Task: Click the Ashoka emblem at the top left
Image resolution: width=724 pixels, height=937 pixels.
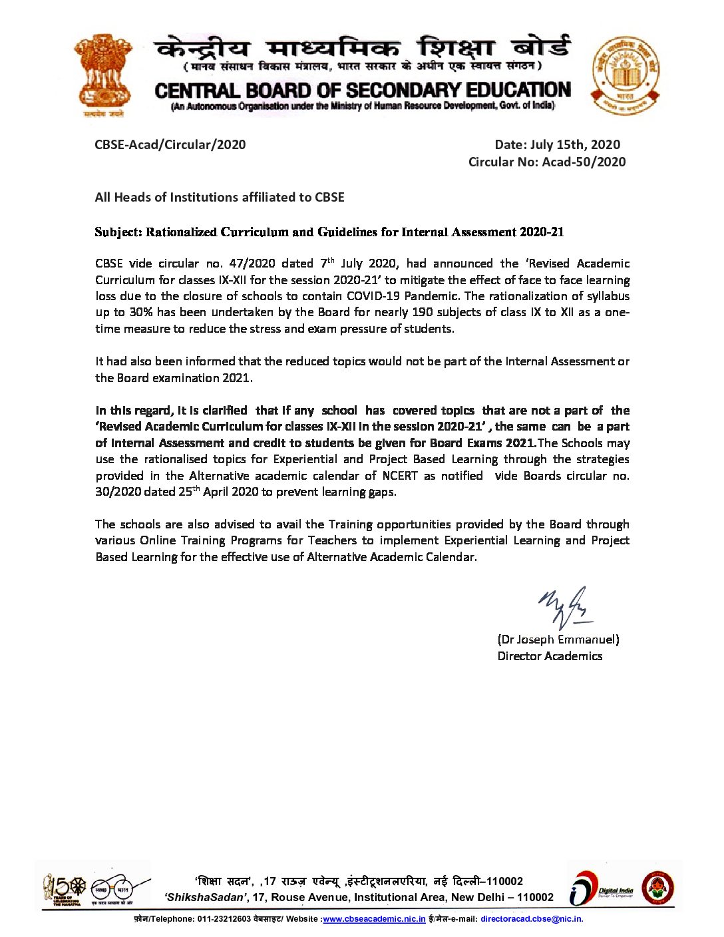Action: [x=103, y=75]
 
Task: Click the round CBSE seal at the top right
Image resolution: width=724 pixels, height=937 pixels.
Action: [x=626, y=75]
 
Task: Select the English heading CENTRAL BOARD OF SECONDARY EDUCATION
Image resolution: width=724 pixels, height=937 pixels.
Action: [x=363, y=91]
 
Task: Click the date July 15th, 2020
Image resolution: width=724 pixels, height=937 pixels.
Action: [x=575, y=144]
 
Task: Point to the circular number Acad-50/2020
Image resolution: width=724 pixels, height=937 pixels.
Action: [x=584, y=162]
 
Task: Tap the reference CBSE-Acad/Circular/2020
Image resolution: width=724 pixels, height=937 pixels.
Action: [x=170, y=144]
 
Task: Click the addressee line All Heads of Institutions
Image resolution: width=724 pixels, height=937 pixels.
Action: [x=220, y=197]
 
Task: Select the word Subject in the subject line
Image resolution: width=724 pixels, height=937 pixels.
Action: [x=118, y=232]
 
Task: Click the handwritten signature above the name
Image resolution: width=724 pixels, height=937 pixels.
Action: [x=564, y=608]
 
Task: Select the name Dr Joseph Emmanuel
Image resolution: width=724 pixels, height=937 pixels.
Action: [x=558, y=640]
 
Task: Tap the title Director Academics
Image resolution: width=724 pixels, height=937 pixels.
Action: [x=550, y=656]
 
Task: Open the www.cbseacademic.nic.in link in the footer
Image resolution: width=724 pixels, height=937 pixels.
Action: [x=374, y=919]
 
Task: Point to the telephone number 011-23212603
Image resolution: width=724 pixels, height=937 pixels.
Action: [x=224, y=919]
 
